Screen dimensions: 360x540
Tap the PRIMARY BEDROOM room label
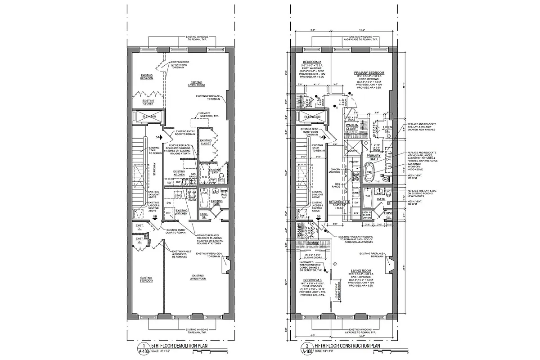[x=369, y=72]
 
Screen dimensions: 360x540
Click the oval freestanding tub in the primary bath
[x=369, y=172]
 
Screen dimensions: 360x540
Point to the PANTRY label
[x=353, y=161]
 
